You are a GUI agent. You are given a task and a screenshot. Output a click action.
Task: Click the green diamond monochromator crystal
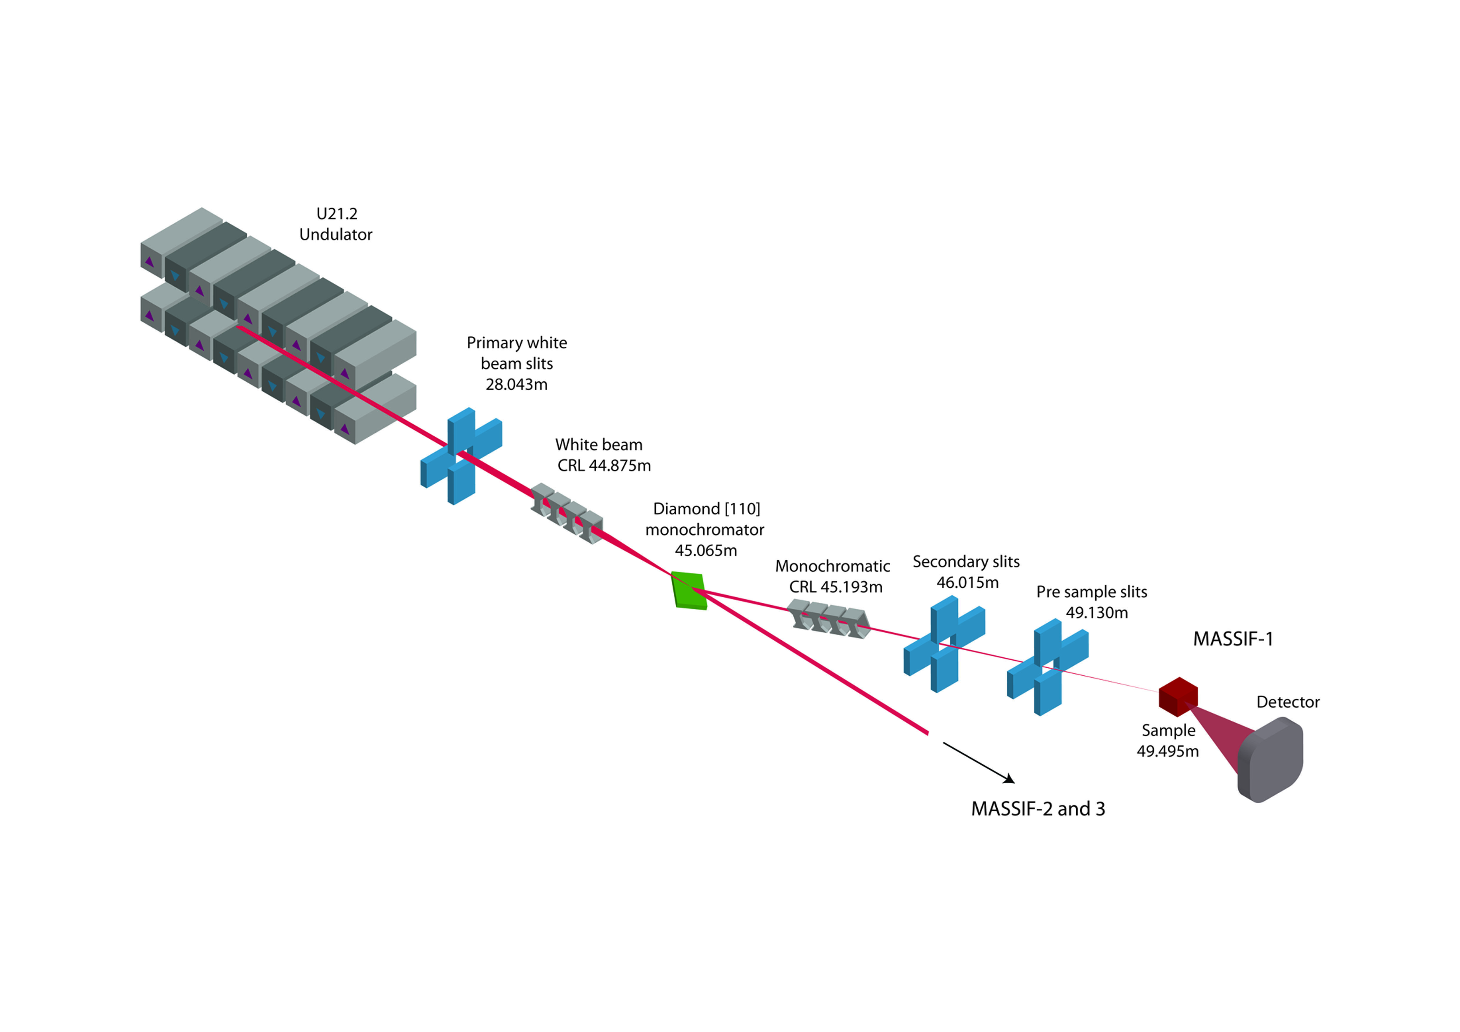[x=689, y=591]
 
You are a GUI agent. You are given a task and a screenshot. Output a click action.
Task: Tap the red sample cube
[x=1178, y=697]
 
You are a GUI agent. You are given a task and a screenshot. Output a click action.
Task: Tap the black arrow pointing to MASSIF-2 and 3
[x=979, y=762]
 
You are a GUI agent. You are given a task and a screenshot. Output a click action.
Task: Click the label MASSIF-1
[x=1233, y=639]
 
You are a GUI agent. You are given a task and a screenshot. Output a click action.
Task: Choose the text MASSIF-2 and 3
[x=1038, y=809]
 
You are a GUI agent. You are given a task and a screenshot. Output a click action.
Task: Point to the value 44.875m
[x=620, y=466]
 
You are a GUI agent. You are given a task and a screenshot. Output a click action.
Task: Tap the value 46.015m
[x=967, y=582]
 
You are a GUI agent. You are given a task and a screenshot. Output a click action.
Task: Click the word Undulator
[x=336, y=235]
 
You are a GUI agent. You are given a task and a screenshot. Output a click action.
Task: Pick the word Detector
[x=1288, y=702]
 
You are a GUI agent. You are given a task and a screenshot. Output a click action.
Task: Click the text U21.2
[x=337, y=214]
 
